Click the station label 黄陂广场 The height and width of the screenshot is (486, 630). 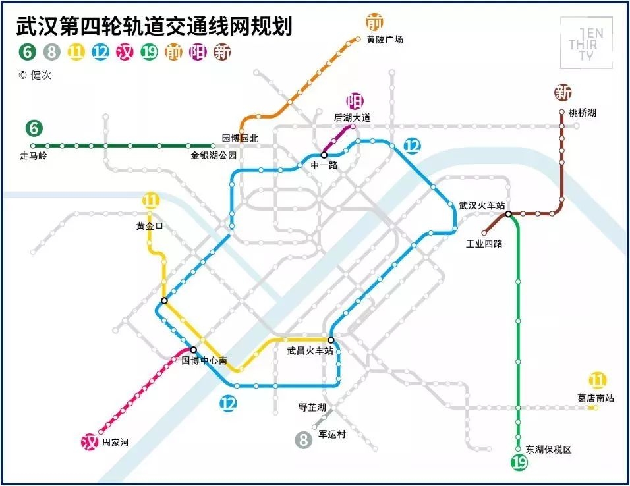(x=385, y=40)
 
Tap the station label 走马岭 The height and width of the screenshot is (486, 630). (x=34, y=157)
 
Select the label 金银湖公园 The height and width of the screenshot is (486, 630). (x=214, y=157)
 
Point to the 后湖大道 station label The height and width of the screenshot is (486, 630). (x=352, y=118)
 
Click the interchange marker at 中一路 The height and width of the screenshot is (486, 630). (x=324, y=155)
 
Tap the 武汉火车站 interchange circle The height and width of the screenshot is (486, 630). (x=509, y=214)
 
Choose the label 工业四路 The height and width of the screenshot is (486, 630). (x=484, y=244)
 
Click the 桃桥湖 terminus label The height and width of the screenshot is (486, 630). (x=582, y=113)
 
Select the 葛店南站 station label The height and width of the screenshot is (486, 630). (x=595, y=398)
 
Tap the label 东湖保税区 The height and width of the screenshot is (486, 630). (x=548, y=450)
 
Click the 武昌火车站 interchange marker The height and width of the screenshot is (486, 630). (x=331, y=340)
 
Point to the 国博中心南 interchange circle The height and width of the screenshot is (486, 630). (x=194, y=350)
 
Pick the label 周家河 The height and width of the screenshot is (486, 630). (x=115, y=443)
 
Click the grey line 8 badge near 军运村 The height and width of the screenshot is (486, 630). (x=303, y=439)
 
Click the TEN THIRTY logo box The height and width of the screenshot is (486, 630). (x=586, y=43)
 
